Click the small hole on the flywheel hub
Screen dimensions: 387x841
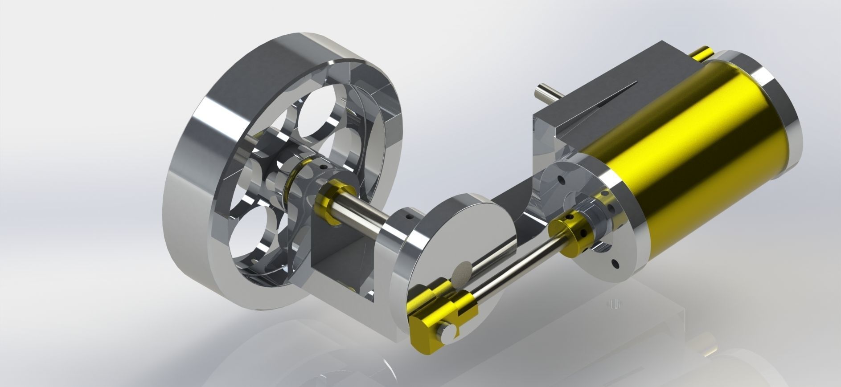(324, 167)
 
